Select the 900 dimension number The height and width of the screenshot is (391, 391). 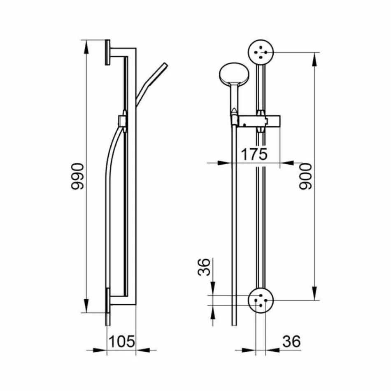(305, 176)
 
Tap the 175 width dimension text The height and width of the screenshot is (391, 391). (254, 154)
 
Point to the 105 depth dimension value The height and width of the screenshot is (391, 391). (121, 341)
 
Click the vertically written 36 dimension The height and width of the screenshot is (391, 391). (205, 268)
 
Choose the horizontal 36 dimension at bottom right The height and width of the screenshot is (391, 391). (291, 341)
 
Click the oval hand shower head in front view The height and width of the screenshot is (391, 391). (233, 75)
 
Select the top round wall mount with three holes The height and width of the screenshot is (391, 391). (261, 52)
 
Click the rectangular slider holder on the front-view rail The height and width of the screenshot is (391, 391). (260, 121)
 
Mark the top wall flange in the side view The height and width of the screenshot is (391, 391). (108, 52)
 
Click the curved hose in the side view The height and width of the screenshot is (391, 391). (108, 165)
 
